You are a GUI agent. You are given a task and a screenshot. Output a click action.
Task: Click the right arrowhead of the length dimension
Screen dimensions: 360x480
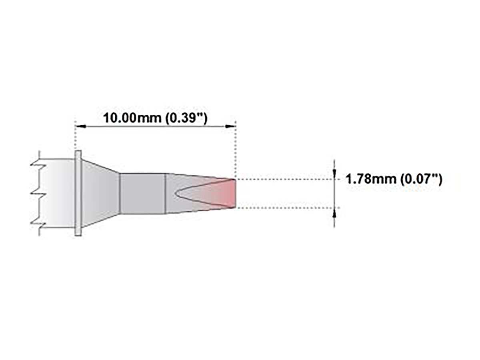point(230,126)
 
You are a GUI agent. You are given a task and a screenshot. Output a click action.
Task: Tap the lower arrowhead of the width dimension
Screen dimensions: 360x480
point(334,212)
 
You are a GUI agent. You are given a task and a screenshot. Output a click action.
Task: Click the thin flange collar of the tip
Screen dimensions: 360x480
point(78,193)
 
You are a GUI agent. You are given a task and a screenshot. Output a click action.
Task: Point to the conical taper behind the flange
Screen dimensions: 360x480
point(100,193)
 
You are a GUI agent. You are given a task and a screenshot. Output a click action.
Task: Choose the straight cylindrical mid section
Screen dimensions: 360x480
point(142,193)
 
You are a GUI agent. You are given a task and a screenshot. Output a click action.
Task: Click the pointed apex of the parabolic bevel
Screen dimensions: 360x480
point(176,193)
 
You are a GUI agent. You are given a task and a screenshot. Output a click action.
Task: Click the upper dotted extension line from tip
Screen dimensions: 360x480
point(284,179)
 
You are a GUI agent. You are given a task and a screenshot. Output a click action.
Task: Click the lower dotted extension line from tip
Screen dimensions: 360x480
point(284,208)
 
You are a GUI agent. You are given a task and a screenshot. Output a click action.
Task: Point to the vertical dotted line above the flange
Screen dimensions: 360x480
point(76,136)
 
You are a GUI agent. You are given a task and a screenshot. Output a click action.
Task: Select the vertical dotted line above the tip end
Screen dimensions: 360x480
point(236,148)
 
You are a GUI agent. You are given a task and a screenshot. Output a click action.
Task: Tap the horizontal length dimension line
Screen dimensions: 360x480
point(156,126)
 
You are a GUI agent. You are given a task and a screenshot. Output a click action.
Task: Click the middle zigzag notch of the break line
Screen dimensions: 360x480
point(35,193)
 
